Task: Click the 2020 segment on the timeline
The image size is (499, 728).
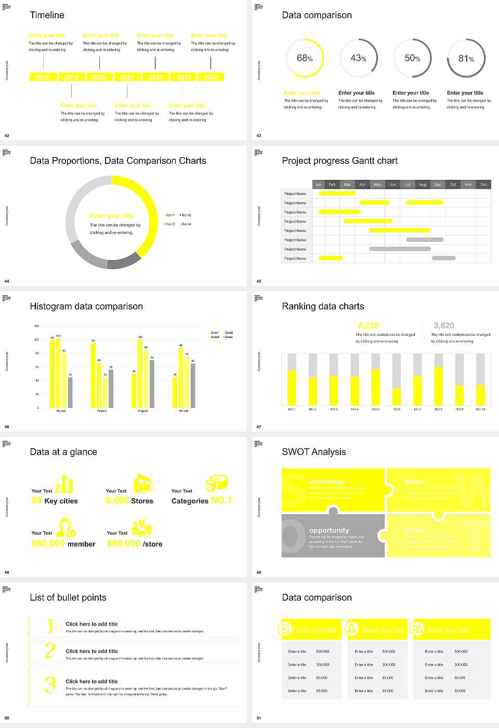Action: (x=99, y=77)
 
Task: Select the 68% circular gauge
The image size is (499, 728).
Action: (x=305, y=58)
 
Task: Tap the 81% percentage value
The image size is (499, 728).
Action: (x=466, y=59)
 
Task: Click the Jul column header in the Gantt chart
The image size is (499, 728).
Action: (x=408, y=185)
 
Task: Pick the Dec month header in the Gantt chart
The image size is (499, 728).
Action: (x=483, y=185)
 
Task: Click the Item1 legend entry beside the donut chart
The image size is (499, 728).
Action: (x=169, y=215)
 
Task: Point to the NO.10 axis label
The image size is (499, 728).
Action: (x=480, y=409)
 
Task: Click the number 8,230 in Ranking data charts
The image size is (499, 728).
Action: (x=369, y=326)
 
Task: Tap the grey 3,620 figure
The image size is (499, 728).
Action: (x=443, y=326)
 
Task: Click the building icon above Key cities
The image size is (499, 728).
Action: (x=64, y=483)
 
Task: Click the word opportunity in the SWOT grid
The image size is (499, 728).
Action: (x=329, y=530)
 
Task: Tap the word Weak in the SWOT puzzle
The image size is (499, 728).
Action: (x=414, y=482)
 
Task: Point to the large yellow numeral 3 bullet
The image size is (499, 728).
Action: (x=50, y=684)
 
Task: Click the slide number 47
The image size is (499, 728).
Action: (x=259, y=427)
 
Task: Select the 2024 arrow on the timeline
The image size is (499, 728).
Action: (x=211, y=77)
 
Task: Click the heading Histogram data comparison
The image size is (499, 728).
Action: (x=86, y=306)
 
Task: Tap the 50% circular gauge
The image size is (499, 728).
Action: (x=412, y=58)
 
